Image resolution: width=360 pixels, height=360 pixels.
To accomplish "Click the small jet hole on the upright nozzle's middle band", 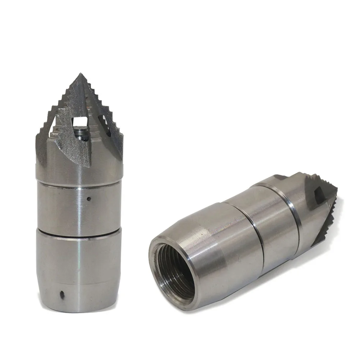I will pos(89,197).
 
